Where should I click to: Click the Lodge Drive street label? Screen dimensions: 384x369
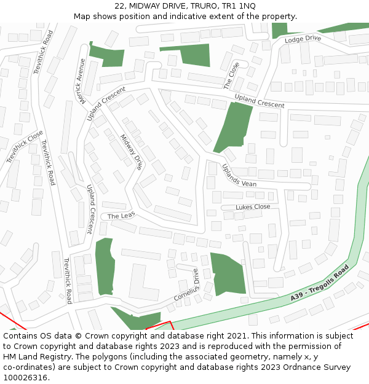pos(303,39)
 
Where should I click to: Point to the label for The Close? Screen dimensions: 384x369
pos(232,76)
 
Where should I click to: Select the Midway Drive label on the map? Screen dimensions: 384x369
pos(132,152)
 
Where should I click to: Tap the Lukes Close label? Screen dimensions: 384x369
pos(253,207)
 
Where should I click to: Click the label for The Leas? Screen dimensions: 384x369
pos(121,216)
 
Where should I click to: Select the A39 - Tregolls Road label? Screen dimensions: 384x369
pos(320,283)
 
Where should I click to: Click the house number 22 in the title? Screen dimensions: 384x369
pos(119,6)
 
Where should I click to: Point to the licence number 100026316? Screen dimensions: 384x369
pos(24,378)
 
